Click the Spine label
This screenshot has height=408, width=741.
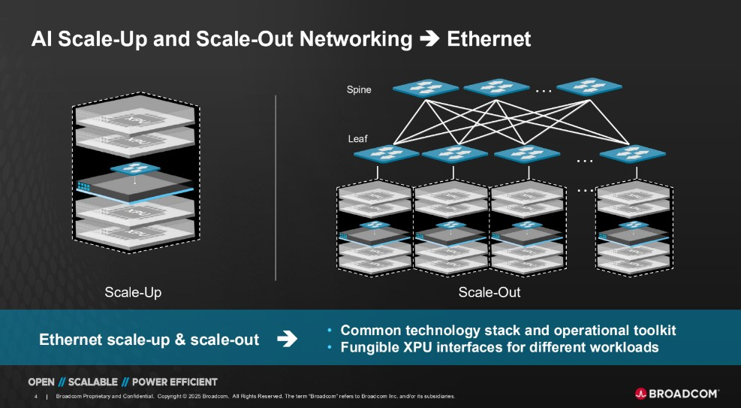tap(359, 90)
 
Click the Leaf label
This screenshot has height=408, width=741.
tap(357, 139)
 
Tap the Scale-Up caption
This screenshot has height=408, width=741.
tap(133, 292)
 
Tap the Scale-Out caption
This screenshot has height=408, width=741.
tap(489, 292)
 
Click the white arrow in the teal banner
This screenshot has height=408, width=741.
tap(287, 340)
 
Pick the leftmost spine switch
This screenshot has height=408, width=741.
tap(425, 88)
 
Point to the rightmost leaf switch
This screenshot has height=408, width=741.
tap(629, 154)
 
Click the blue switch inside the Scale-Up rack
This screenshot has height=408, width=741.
tap(135, 169)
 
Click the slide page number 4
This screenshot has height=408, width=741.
tap(36, 396)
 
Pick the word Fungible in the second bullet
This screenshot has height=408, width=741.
tap(369, 347)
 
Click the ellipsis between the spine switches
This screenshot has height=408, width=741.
tap(544, 90)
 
